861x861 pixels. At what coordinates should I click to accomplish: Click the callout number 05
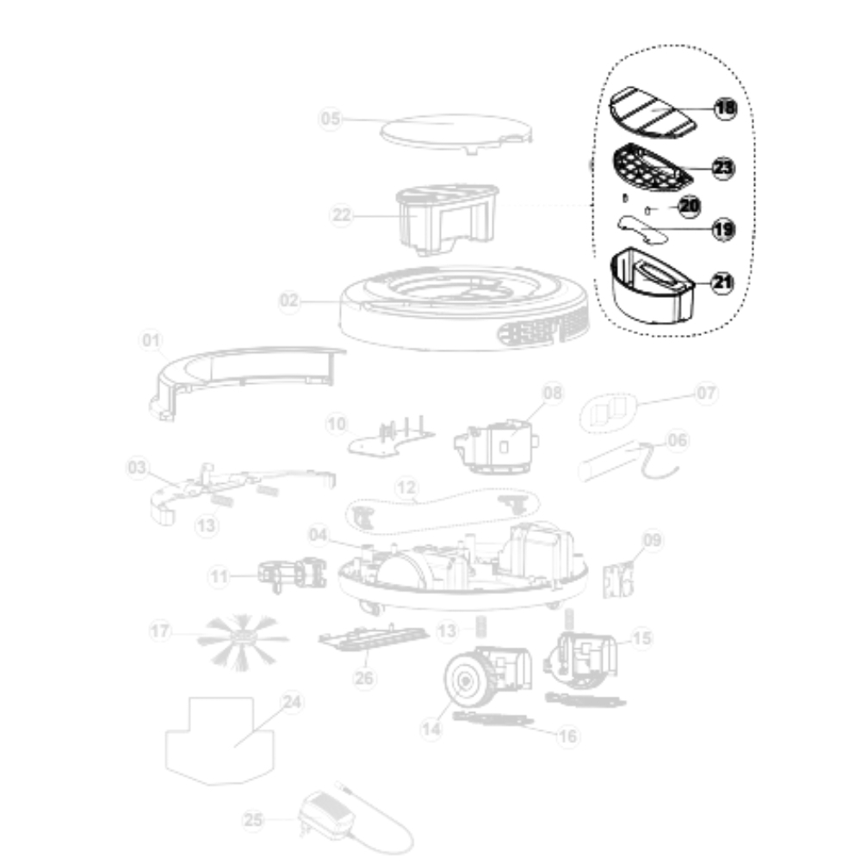click(331, 119)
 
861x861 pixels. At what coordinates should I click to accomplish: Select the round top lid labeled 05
click(456, 133)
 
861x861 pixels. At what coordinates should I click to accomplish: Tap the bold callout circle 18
click(725, 108)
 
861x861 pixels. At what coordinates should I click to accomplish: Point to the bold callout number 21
click(722, 282)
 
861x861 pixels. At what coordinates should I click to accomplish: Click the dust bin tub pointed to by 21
click(653, 286)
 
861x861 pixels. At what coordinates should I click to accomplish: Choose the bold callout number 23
click(723, 168)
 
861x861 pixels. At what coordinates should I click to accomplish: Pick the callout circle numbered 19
click(724, 228)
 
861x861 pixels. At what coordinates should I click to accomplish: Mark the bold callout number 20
click(690, 206)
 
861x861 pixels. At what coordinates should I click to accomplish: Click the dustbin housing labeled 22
click(448, 220)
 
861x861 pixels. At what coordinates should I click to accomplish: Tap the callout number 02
click(289, 300)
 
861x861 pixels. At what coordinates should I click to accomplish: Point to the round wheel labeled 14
click(466, 680)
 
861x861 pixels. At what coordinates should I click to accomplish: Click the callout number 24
click(292, 703)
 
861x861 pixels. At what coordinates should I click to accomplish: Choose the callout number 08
click(553, 393)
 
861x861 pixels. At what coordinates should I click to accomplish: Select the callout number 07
click(706, 393)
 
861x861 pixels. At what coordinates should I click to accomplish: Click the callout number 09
click(652, 541)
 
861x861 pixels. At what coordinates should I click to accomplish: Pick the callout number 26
click(364, 678)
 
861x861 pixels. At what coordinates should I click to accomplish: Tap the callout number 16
click(567, 736)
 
